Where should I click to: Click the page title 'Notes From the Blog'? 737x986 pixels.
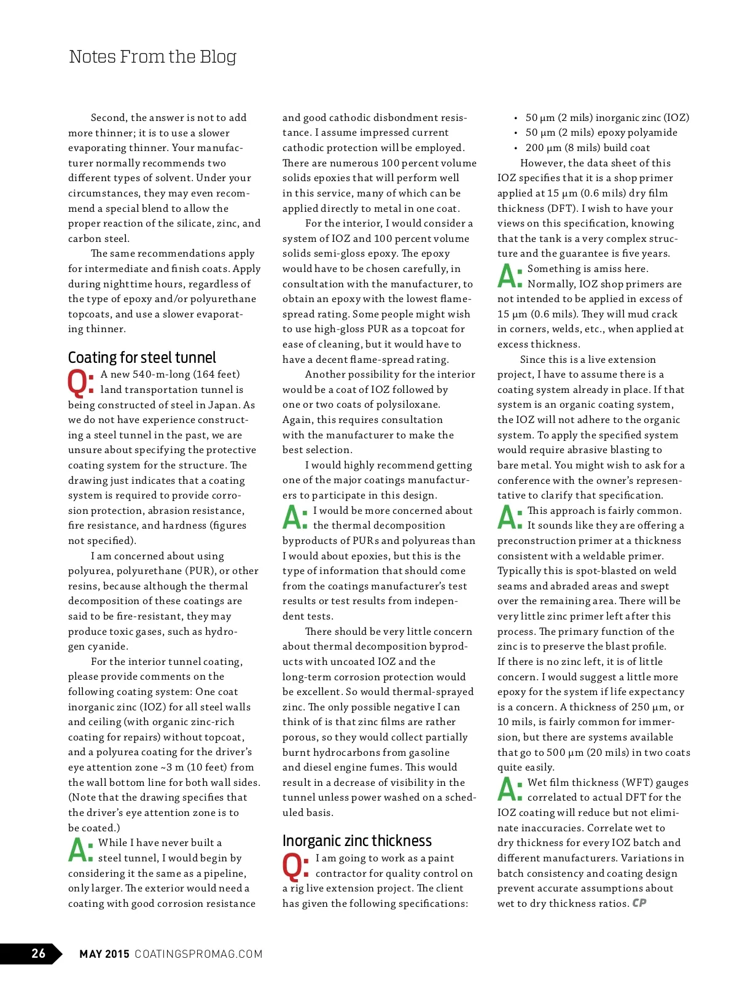click(152, 57)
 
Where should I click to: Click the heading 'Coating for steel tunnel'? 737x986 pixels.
click(142, 358)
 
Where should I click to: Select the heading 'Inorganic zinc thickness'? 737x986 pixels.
click(357, 841)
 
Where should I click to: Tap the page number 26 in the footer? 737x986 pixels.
click(38, 953)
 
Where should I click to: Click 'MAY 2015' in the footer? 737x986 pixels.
click(104, 954)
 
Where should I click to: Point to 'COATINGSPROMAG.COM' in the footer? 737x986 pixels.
click(198, 954)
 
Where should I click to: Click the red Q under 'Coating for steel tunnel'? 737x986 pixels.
click(79, 382)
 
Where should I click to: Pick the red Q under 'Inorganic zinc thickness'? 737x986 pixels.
click(294, 866)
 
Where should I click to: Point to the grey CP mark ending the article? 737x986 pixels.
click(639, 903)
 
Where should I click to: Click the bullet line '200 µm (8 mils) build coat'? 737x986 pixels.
click(587, 148)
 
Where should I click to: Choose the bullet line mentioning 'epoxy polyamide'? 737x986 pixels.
click(601, 133)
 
